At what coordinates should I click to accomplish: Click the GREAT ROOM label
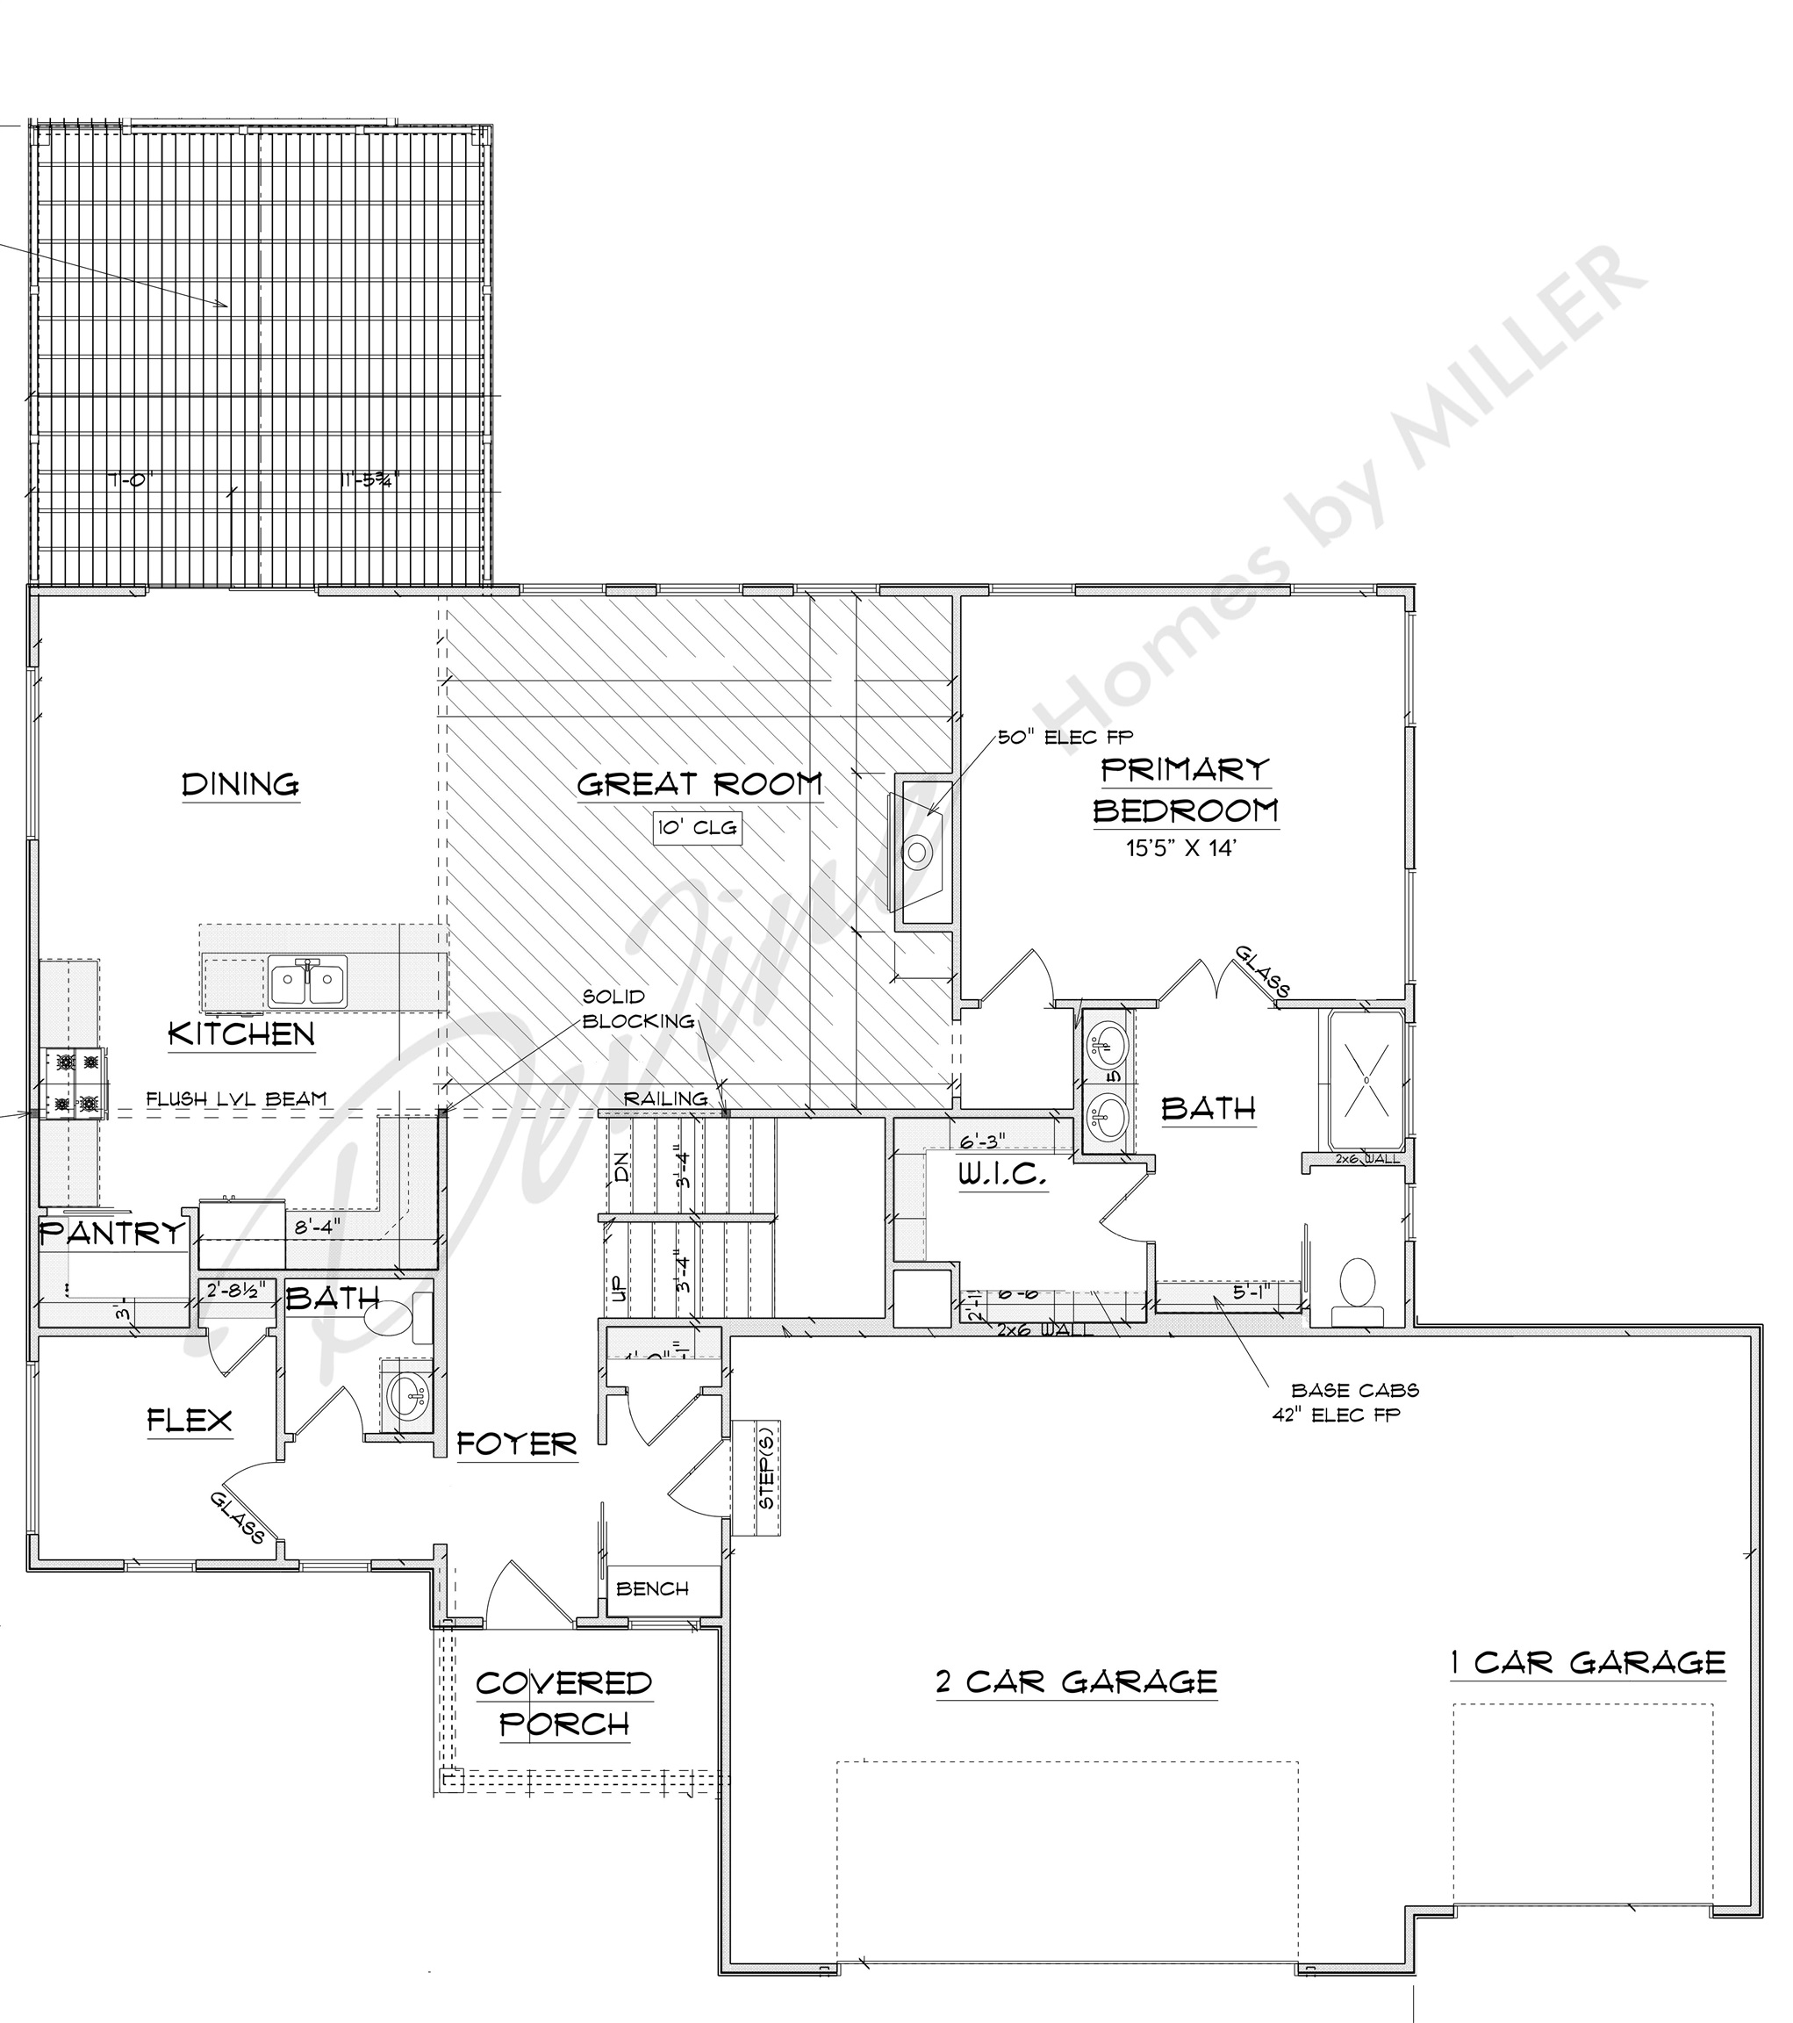click(x=699, y=785)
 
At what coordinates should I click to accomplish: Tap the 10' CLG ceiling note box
click(x=698, y=827)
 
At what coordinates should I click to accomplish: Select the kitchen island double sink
click(x=308, y=981)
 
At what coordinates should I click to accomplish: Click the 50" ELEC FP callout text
click(x=1065, y=738)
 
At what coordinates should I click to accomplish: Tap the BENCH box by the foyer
click(x=652, y=1588)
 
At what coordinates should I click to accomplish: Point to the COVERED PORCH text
click(x=564, y=1703)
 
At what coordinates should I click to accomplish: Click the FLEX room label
click(x=190, y=1422)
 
